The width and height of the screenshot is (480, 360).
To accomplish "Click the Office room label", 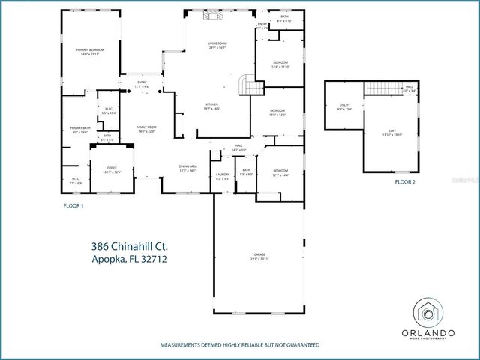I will tap(111, 169).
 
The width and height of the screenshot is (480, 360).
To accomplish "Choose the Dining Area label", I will tap(187, 168).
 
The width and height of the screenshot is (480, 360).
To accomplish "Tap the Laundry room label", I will tap(223, 176).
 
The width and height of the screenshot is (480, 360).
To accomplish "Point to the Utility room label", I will tap(345, 106).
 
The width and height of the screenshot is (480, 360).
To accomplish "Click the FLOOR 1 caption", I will tap(73, 205).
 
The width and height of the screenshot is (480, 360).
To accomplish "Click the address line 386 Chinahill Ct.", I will tap(129, 245).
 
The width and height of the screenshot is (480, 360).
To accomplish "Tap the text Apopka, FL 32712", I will tap(129, 259).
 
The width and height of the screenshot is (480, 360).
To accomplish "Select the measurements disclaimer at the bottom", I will tap(239, 345).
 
